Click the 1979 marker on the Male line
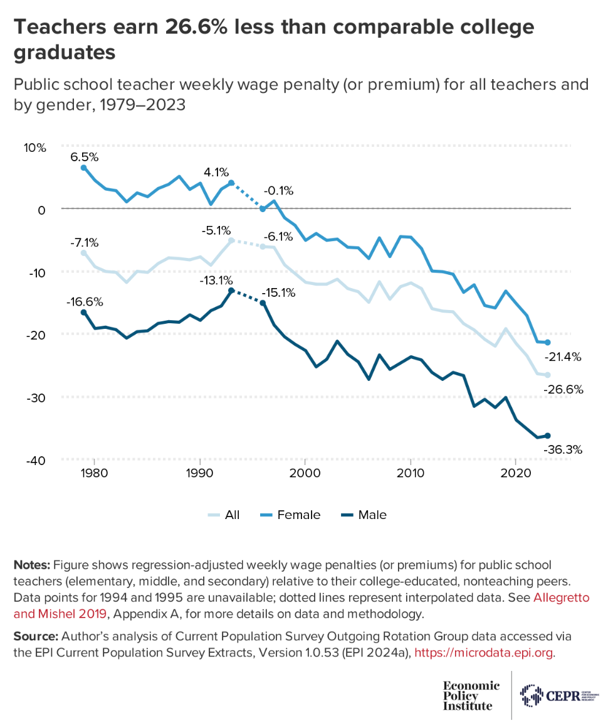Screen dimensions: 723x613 tap(83, 313)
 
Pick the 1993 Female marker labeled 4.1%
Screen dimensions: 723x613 tap(231, 183)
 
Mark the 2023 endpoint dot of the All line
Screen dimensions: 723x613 tap(547, 375)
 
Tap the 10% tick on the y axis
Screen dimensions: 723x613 tap(36, 148)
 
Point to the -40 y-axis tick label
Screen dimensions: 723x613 tap(36, 461)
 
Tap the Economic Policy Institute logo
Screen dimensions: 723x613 tap(471, 695)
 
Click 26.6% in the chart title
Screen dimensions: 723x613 tap(194, 28)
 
